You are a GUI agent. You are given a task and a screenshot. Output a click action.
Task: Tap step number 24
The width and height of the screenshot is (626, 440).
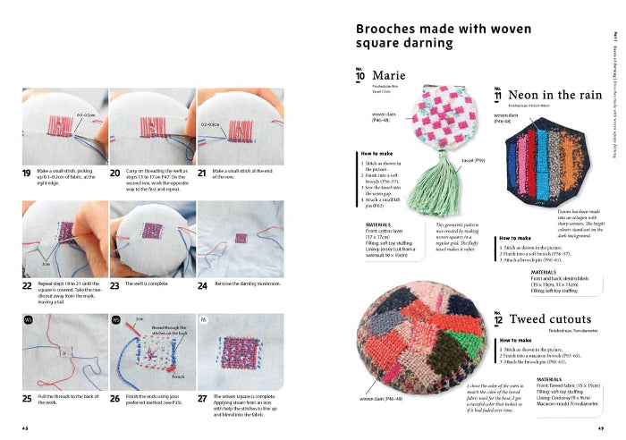point(204,285)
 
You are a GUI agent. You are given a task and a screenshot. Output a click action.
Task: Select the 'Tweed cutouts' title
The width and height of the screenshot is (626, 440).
point(552,318)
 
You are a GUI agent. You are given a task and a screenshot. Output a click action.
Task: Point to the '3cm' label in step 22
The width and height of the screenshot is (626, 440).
point(45,265)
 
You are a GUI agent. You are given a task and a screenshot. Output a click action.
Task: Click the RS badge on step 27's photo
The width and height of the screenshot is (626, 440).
point(204,319)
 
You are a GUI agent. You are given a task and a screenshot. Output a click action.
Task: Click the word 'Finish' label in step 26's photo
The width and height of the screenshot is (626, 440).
point(179,377)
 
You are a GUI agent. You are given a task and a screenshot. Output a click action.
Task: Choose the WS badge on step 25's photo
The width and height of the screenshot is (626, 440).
point(29,319)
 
